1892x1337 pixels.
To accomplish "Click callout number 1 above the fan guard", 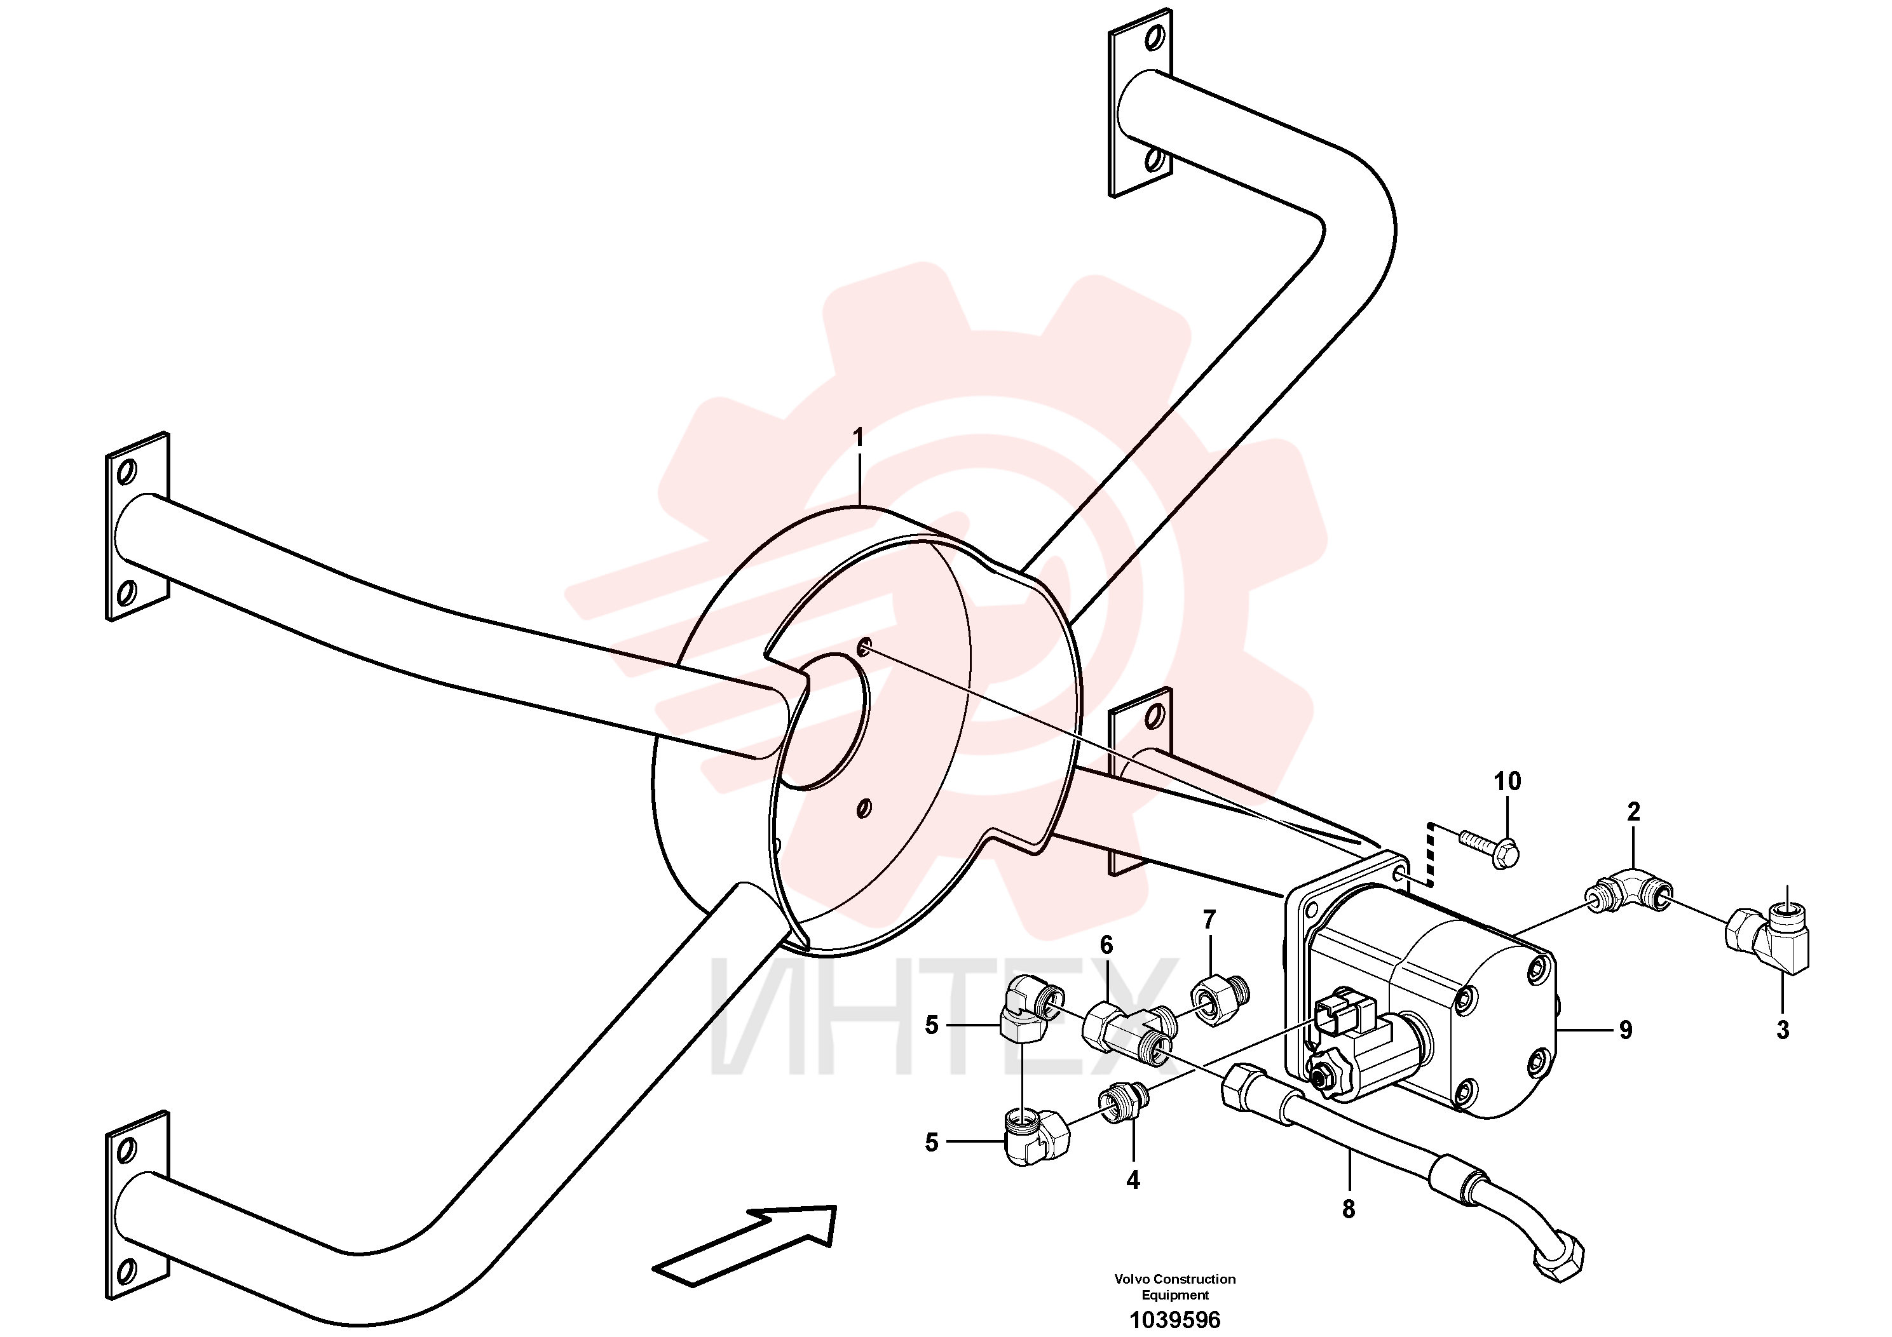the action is (859, 438).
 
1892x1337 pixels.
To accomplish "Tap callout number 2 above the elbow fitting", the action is (1634, 812).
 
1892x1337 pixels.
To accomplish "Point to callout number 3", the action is (1783, 1030).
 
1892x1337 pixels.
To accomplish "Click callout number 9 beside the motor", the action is (1626, 1030).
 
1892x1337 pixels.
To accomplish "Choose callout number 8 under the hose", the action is (1348, 1209).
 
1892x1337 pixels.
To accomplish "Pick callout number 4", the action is (1133, 1181).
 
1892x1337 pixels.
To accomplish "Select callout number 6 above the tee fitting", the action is (1106, 945).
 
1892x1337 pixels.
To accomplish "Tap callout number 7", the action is (1209, 919).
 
